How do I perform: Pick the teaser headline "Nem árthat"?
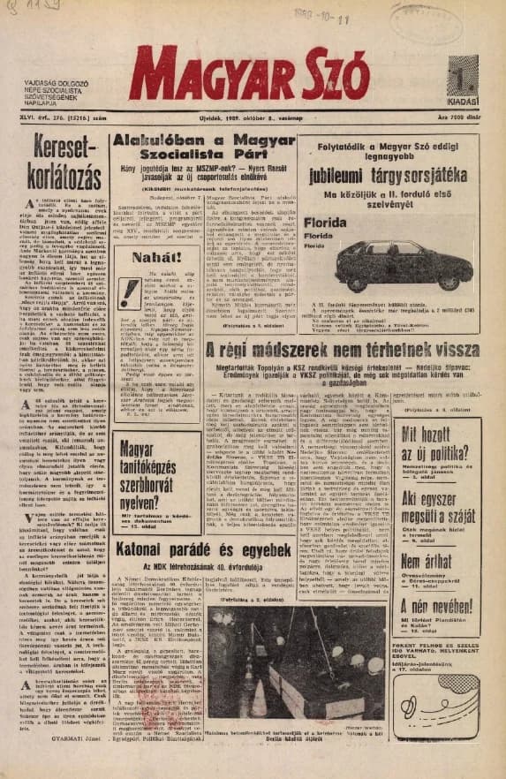click(x=427, y=561)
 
